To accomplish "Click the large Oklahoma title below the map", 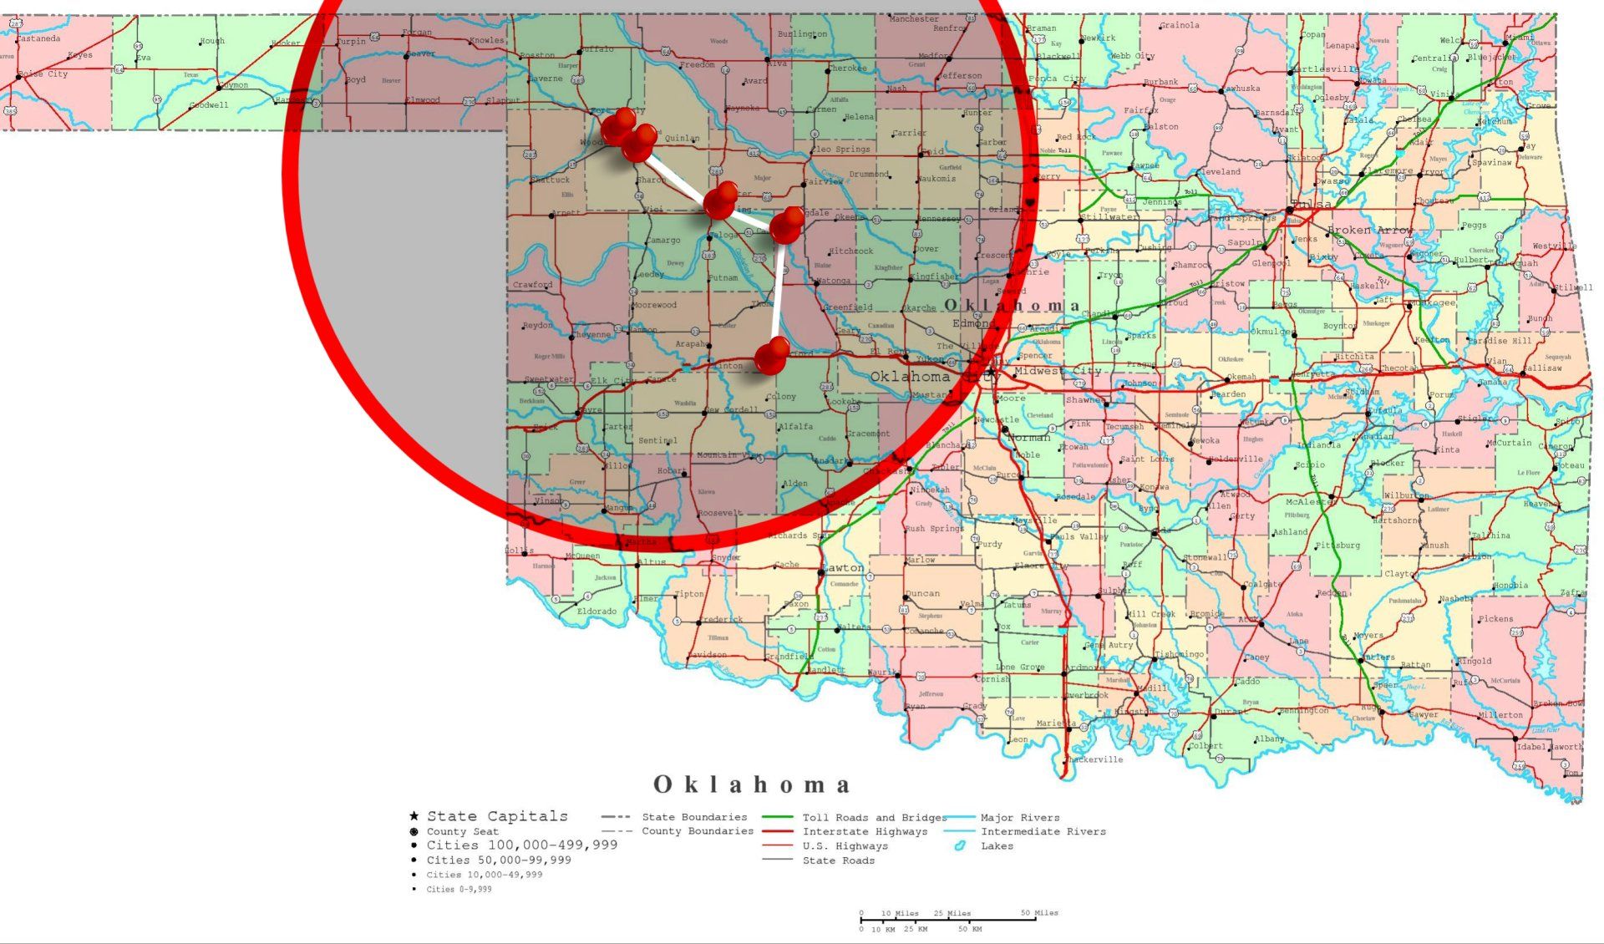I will pyautogui.click(x=752, y=784).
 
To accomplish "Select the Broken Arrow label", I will pyautogui.click(x=1370, y=230).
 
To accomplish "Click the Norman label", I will pyautogui.click(x=1028, y=437).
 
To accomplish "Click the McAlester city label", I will pyautogui.click(x=1307, y=501).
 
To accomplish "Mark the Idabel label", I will pyautogui.click(x=1531, y=746).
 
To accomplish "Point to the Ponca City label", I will pyautogui.click(x=1057, y=79).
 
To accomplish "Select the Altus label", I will pyautogui.click(x=652, y=561).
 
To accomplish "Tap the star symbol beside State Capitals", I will pyautogui.click(x=414, y=816).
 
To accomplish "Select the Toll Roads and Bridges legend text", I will pyautogui.click(x=875, y=818).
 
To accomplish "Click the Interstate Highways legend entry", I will pyautogui.click(x=865, y=832).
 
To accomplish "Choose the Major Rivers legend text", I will pyautogui.click(x=1019, y=818).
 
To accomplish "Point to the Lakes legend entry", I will pyautogui.click(x=997, y=846).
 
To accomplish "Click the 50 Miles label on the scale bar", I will pyautogui.click(x=1039, y=912).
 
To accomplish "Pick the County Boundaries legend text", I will pyautogui.click(x=697, y=831).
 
